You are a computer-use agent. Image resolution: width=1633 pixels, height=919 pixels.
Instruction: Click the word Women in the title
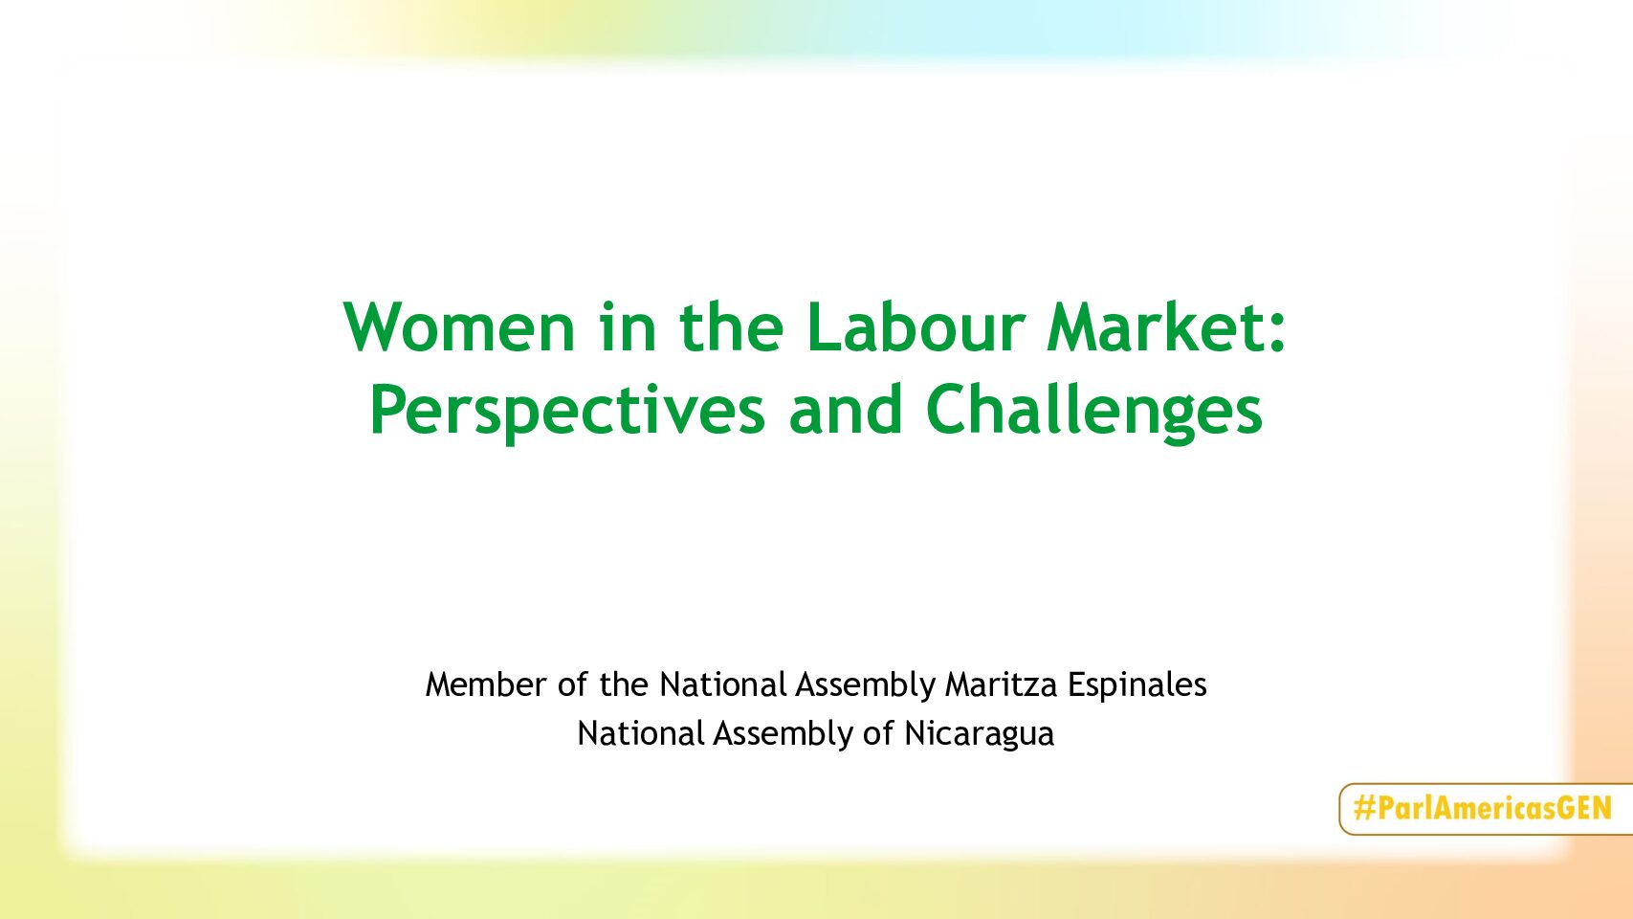click(x=459, y=326)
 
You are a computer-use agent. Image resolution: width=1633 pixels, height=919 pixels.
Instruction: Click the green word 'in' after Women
click(x=628, y=326)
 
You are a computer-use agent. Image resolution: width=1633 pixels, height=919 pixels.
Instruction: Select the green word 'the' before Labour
click(x=732, y=325)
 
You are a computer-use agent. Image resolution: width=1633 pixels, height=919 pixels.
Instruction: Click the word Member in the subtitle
click(x=486, y=684)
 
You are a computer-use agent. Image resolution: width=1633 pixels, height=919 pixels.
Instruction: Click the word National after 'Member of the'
click(x=723, y=684)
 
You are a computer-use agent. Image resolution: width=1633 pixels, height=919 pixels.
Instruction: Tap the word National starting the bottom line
click(x=641, y=733)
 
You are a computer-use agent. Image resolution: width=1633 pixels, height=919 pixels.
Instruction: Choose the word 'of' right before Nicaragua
click(x=878, y=733)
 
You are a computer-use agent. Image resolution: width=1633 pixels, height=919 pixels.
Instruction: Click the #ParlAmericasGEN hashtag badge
click(x=1485, y=809)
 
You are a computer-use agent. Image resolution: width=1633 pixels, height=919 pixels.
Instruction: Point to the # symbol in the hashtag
click(x=1364, y=808)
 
